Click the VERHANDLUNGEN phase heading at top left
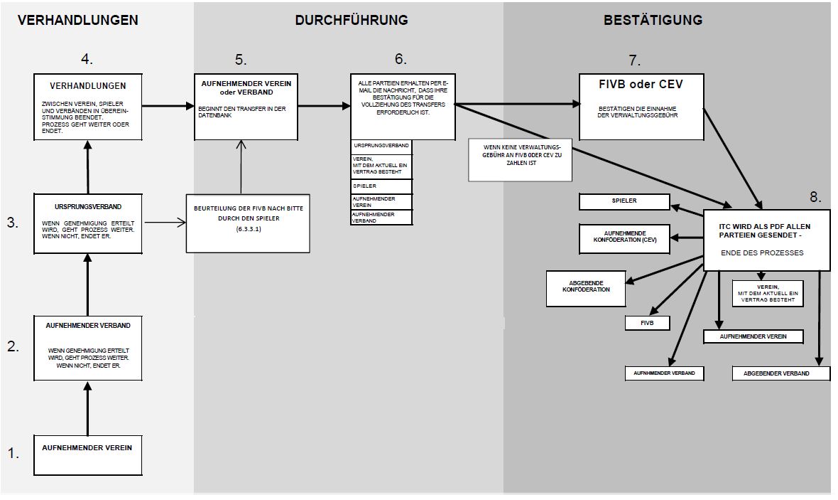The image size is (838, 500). [78, 20]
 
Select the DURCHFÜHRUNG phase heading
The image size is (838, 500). [352, 20]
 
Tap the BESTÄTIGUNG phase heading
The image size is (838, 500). [653, 20]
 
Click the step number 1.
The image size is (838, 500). [13, 453]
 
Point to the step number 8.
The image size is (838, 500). [816, 197]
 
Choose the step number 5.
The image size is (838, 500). [241, 60]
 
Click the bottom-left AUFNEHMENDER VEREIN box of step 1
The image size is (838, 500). [87, 455]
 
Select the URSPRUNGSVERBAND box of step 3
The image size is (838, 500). [87, 223]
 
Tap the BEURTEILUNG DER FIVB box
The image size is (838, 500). [248, 223]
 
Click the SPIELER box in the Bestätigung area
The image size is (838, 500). [624, 202]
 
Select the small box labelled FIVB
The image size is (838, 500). [647, 323]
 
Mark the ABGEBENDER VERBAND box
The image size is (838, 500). [780, 373]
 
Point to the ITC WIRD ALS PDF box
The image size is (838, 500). [766, 240]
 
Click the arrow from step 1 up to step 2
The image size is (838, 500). [87, 408]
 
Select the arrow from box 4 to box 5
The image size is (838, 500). [168, 106]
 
